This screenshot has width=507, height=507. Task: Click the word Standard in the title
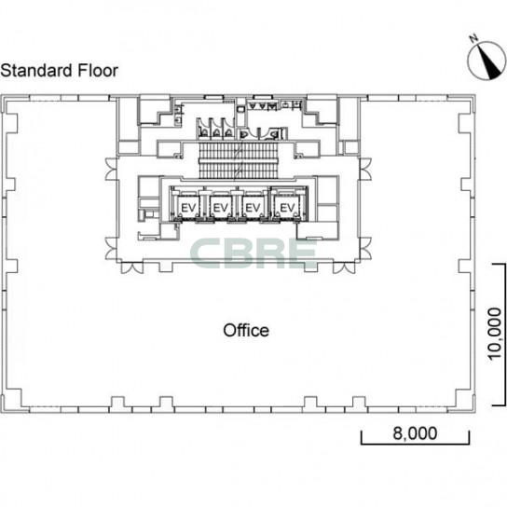pos(36,71)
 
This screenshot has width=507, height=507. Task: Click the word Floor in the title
pos(98,71)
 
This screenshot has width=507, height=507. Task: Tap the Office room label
pos(246,330)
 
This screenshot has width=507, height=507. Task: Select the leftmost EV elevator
pos(188,207)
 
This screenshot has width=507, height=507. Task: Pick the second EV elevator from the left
pos(221,207)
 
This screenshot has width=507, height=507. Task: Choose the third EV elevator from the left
pos(253,207)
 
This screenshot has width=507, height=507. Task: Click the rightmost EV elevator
pos(287,207)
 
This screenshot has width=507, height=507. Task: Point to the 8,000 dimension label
pos(415,433)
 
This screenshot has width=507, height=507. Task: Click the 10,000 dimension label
pos(495,334)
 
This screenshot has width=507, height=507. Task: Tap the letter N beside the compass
pos(474,38)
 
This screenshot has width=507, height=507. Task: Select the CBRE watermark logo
pos(253,253)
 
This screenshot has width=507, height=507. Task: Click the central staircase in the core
pos(239,160)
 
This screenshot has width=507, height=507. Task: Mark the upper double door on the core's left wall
pos(112,169)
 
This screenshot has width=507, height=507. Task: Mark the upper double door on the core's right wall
pos(365,169)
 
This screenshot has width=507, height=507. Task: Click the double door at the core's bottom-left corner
pos(132,267)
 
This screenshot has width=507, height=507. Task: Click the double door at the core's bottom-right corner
pos(344,267)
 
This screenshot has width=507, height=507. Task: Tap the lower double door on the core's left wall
pos(112,248)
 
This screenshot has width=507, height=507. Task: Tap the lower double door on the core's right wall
pos(365,248)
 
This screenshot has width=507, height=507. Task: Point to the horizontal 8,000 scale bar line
pos(415,444)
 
